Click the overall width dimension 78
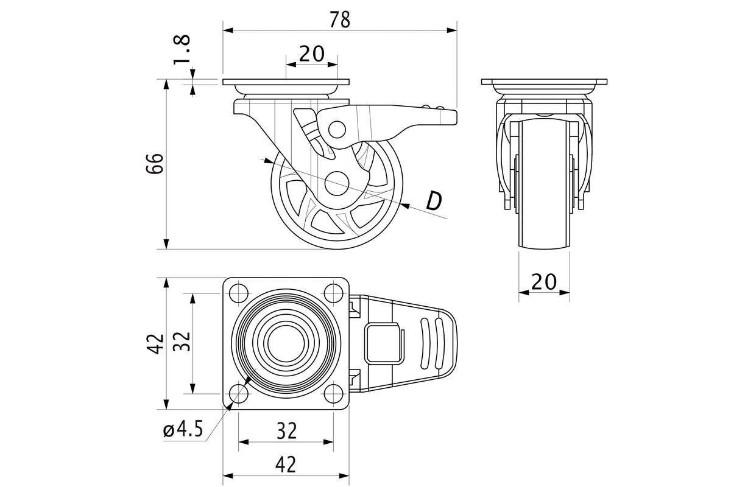point(340,19)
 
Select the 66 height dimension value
point(155,163)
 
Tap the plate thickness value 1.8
point(182,49)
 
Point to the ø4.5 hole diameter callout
point(183,429)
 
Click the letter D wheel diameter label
point(434,201)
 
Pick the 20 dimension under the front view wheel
point(544,282)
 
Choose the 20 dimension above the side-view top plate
point(312,54)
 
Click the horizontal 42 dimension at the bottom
point(286,464)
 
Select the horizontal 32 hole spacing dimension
point(286,430)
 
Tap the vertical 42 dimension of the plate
point(155,343)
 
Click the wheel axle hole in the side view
point(337,184)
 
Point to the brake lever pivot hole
point(337,130)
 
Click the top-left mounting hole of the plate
point(239,293)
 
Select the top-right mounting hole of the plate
point(334,293)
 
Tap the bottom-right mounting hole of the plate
point(334,393)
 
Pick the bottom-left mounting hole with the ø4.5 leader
point(239,393)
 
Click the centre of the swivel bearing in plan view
point(286,343)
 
